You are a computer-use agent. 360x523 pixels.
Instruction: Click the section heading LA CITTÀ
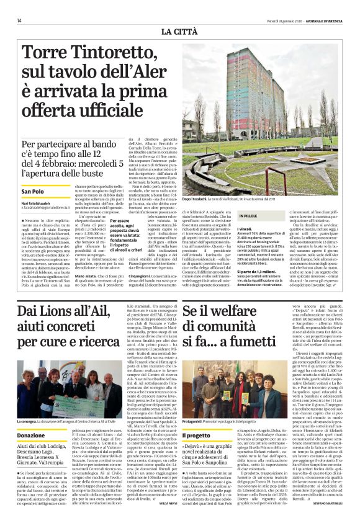click(180, 31)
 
